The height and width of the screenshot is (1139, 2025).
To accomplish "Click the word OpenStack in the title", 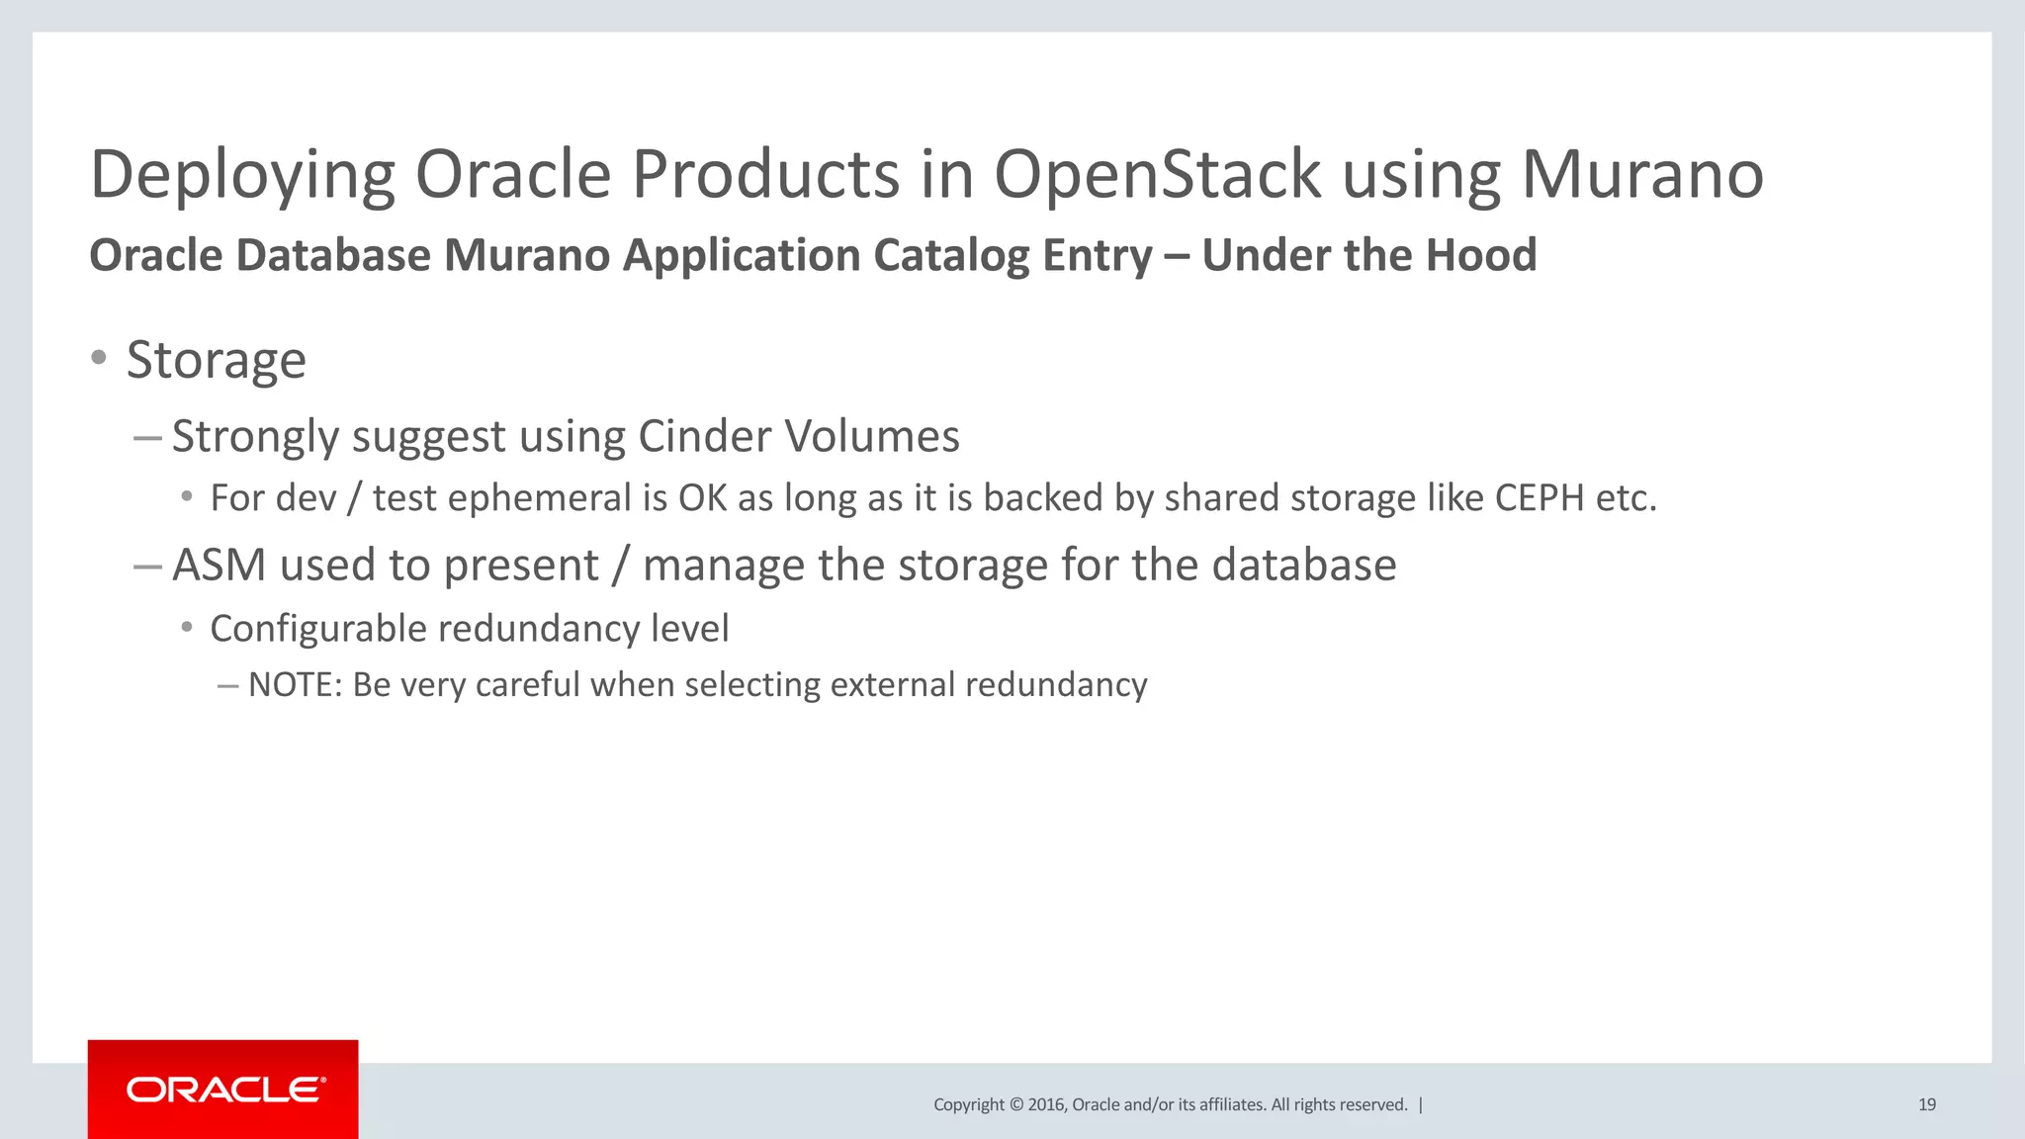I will [x=1157, y=175].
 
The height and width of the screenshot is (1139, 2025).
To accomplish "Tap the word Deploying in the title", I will [x=242, y=175].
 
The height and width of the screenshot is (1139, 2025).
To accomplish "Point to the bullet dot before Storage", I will [x=98, y=358].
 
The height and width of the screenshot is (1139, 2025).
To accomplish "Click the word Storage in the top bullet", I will [x=216, y=360].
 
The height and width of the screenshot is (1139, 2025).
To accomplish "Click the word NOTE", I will [x=294, y=684].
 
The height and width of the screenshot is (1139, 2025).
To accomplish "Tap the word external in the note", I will [x=892, y=684].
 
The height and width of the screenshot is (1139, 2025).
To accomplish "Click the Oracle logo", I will [x=223, y=1090].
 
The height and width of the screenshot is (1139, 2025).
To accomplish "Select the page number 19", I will [x=1926, y=1104].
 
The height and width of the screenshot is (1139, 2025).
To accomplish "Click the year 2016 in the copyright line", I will [x=1046, y=1104].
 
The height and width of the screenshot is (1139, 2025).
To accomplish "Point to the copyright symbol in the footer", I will [x=1014, y=1104].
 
